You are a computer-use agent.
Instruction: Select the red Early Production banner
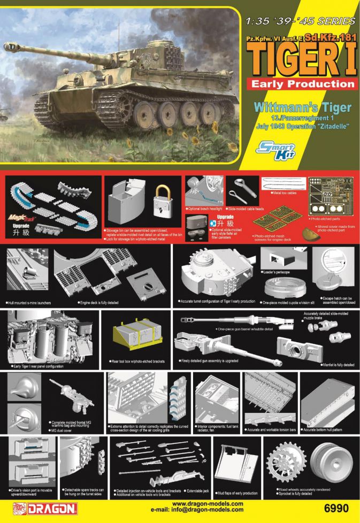click(x=301, y=83)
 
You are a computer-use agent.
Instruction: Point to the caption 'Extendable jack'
click(x=198, y=491)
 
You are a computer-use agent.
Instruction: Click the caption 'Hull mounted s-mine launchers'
click(x=29, y=303)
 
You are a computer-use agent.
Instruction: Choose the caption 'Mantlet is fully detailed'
click(x=338, y=365)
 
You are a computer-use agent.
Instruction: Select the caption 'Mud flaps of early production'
click(x=238, y=493)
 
